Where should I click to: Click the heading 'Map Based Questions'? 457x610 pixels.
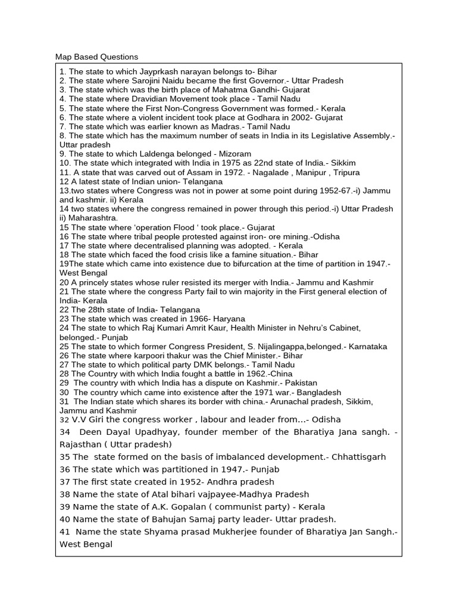[96, 57]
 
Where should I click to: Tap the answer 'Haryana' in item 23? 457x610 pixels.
[229, 319]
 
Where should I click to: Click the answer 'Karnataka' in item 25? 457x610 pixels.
[368, 346]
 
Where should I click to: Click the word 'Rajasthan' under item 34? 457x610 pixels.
[80, 444]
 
